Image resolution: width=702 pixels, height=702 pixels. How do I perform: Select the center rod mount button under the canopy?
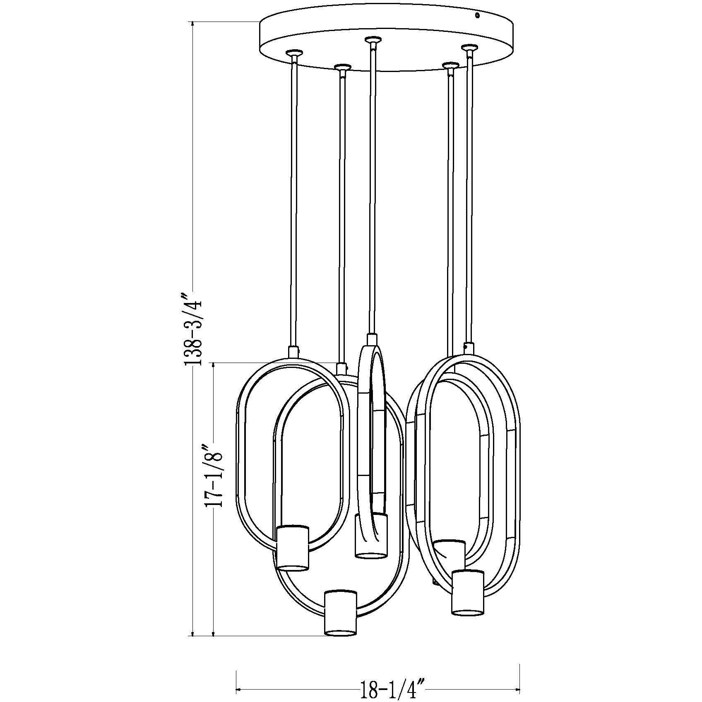[x=373, y=41]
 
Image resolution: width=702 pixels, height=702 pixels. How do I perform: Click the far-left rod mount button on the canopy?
[x=294, y=53]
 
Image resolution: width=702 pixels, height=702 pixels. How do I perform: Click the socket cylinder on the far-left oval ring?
[x=293, y=548]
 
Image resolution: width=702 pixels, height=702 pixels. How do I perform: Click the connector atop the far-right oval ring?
[x=468, y=347]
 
